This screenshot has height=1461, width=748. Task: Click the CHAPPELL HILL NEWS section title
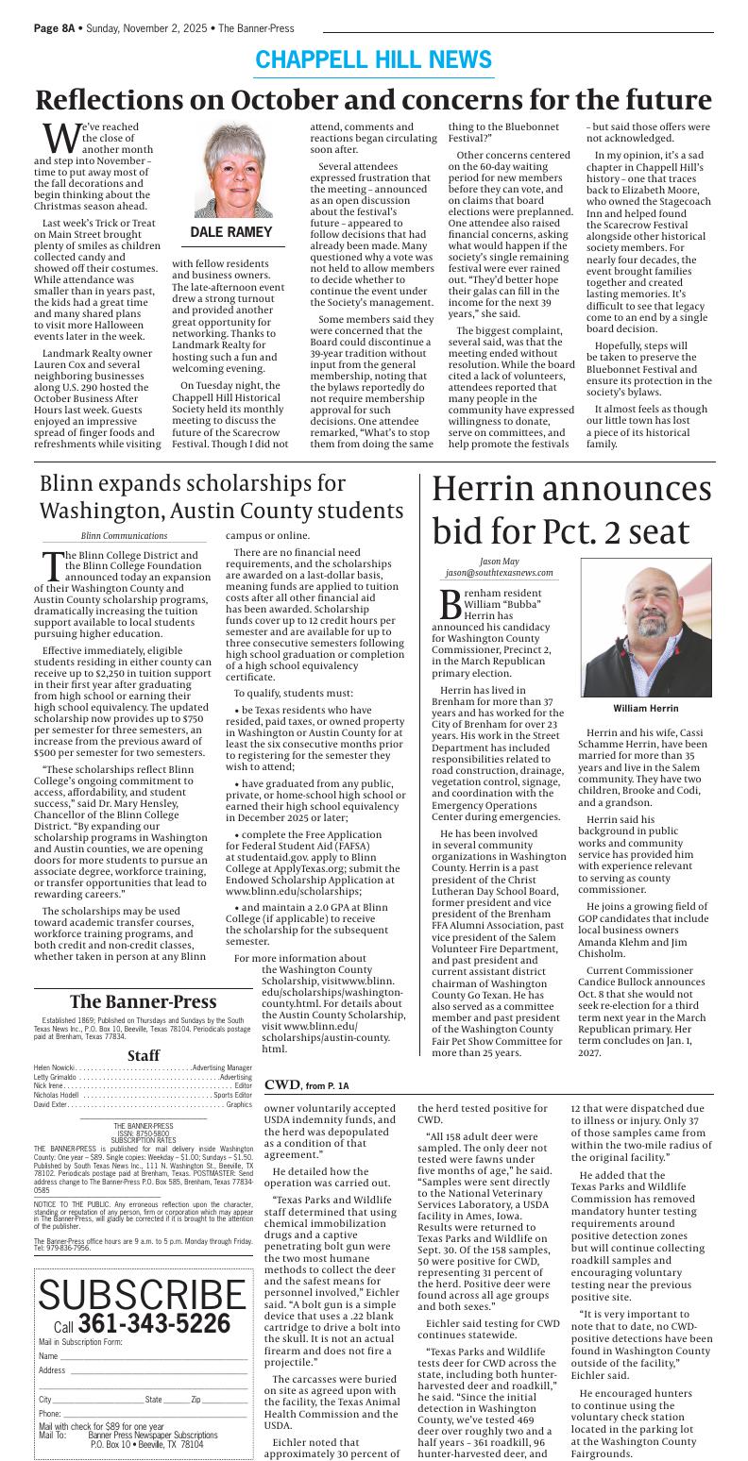[373, 60]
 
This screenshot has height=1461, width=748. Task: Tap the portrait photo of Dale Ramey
[231, 171]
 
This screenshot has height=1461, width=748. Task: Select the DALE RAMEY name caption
[231, 232]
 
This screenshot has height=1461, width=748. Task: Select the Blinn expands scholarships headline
[222, 496]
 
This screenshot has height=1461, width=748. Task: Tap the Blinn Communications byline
[124, 536]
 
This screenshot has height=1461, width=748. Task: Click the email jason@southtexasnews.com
[500, 573]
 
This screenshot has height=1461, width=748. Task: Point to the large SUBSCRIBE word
[142, 1296]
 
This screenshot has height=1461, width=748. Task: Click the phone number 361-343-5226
[154, 1323]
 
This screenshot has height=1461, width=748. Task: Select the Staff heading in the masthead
[144, 1055]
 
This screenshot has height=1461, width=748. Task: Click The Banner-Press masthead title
[144, 1001]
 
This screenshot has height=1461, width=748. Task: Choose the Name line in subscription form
[142, 1356]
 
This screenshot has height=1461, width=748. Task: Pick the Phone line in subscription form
[142, 1413]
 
